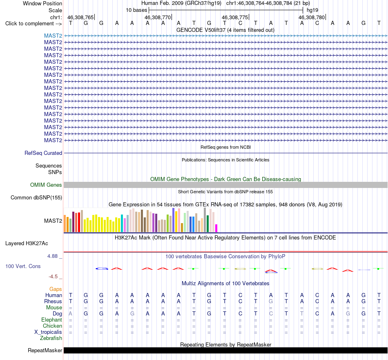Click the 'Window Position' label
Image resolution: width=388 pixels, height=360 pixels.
42,3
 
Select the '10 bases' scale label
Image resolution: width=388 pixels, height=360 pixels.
136,10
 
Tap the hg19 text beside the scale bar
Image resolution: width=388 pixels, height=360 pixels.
312,10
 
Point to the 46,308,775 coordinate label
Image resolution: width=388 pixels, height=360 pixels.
234,17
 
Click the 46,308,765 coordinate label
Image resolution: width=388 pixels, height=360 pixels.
80,17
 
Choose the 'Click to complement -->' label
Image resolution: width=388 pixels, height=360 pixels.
33,24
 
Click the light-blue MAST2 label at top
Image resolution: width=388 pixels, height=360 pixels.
53,36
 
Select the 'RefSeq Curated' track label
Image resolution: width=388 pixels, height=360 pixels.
43,153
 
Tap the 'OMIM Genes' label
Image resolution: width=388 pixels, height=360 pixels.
46,185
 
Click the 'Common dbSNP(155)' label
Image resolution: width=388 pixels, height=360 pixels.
36,198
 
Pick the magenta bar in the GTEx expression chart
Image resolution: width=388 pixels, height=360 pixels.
216,228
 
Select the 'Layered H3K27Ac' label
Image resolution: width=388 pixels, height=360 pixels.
27,244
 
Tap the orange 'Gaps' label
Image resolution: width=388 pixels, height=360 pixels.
56,289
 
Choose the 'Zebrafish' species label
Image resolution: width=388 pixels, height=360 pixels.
51,338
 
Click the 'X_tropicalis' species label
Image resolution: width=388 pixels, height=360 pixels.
48,332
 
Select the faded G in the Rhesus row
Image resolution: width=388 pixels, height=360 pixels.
271,301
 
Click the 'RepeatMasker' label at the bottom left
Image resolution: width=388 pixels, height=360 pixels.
45,350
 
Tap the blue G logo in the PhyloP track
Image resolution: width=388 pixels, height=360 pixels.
102,268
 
